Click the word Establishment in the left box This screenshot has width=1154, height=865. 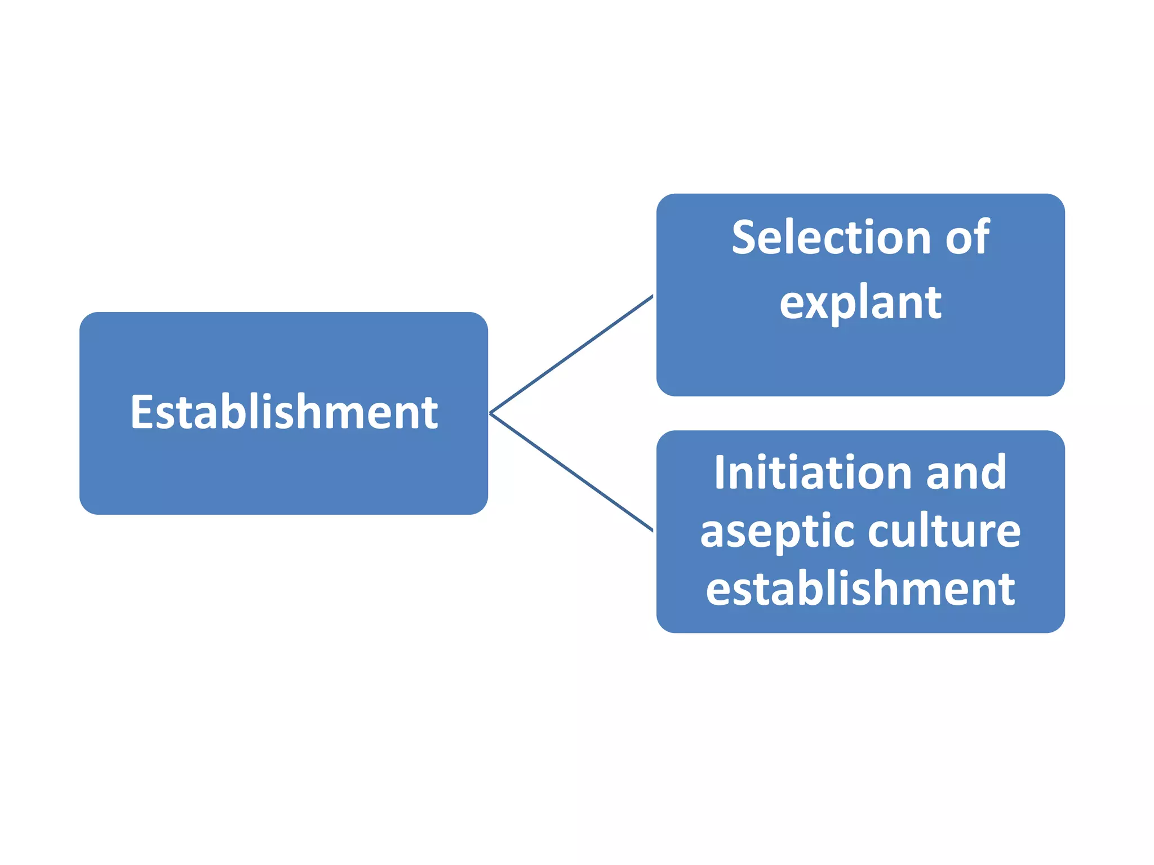pos(284,412)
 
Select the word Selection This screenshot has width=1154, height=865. pos(831,238)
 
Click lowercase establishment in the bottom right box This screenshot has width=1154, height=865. pos(860,589)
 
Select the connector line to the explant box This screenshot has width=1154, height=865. pos(571,354)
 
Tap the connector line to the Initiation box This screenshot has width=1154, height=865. pos(571,472)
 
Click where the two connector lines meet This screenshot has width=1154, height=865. pos(491,413)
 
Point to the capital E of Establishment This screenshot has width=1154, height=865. pos(141,412)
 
